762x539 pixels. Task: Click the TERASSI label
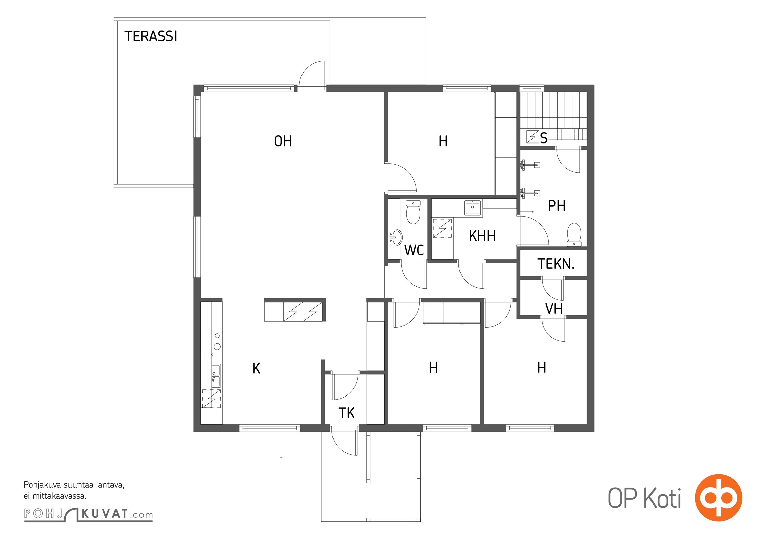[151, 36]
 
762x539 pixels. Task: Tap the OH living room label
[283, 141]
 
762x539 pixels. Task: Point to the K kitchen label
[256, 368]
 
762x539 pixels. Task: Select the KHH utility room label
[482, 236]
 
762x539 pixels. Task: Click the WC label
[414, 250]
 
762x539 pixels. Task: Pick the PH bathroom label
[557, 205]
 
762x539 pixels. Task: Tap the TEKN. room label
[556, 264]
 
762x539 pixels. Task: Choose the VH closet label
[554, 309]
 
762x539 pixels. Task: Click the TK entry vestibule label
[346, 413]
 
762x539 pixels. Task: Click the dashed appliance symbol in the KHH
[442, 228]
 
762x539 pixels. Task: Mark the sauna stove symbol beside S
[532, 137]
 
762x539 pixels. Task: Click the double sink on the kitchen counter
[216, 375]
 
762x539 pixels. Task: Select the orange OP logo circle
[719, 498]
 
